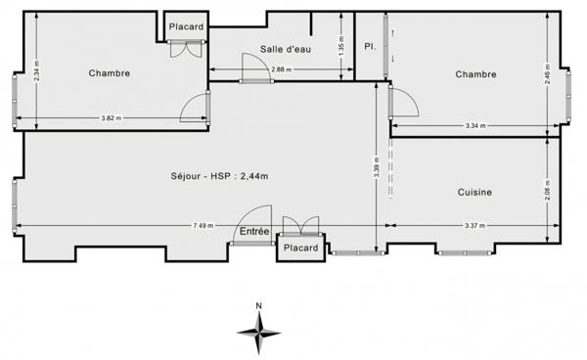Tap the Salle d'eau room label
coord(285,49)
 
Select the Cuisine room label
coord(474,193)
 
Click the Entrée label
coord(253,232)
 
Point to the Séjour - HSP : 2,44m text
coord(220,176)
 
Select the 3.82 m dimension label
coord(111,118)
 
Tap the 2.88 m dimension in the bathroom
coord(281,69)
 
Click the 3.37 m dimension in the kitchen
coord(475,227)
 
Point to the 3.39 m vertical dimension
coord(377,167)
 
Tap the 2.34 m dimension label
coord(36,71)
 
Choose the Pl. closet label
coord(369,46)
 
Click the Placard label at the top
coord(186,26)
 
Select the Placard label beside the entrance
coord(301,247)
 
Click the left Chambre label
coord(109,73)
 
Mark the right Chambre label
coord(475,74)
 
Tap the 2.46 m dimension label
coord(549,73)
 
